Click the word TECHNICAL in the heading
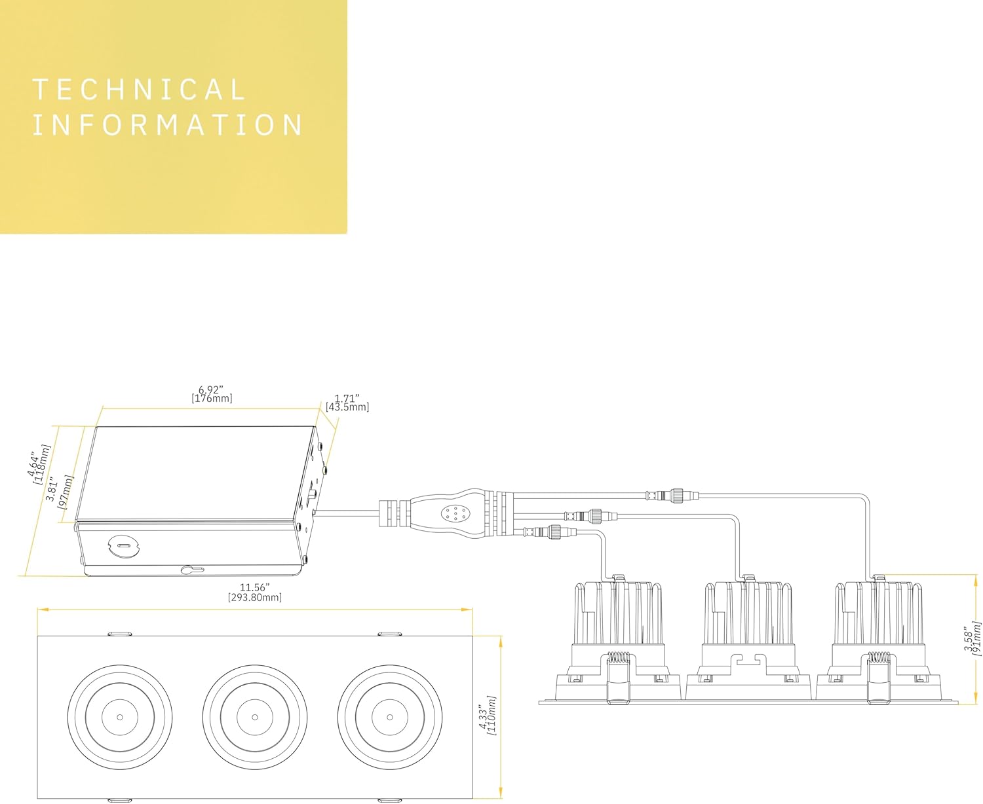(139, 90)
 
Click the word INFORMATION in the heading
(168, 124)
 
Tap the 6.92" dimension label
(211, 390)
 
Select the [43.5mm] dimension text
(347, 407)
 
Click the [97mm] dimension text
(68, 492)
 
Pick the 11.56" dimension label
(254, 587)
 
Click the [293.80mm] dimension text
(254, 598)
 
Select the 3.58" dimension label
(969, 642)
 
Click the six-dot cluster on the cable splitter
(455, 514)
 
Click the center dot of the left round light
(120, 718)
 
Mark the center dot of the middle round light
(254, 718)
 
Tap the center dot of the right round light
(389, 718)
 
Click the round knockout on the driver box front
(123, 545)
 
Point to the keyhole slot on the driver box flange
(191, 570)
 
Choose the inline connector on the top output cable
(672, 495)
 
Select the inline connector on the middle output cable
(591, 516)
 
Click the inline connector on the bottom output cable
(550, 532)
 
